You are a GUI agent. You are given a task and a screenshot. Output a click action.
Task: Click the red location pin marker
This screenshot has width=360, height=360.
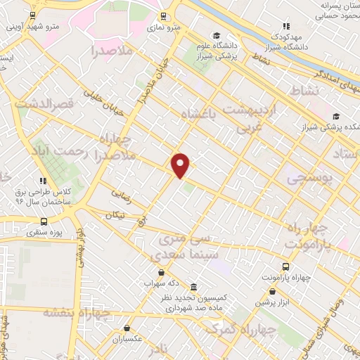(x=181, y=165)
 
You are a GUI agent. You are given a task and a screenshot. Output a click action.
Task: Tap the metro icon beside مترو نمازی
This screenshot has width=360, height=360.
(x=164, y=16)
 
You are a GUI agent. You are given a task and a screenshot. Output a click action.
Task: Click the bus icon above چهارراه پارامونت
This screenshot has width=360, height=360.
(x=285, y=266)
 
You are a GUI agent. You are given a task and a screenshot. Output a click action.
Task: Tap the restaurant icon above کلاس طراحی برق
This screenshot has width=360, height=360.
(x=44, y=180)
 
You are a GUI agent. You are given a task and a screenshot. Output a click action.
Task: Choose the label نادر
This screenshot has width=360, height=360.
(x=162, y=349)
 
